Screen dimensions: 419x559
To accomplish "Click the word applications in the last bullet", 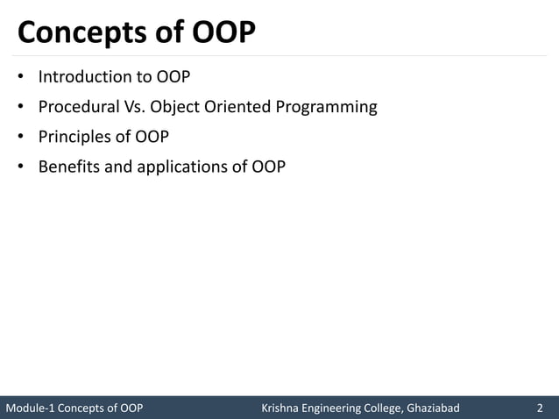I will (182, 167).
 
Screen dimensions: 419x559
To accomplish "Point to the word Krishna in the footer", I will (283, 408).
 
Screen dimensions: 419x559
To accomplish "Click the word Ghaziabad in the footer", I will (433, 408).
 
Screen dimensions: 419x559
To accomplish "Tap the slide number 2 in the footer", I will (540, 408).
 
